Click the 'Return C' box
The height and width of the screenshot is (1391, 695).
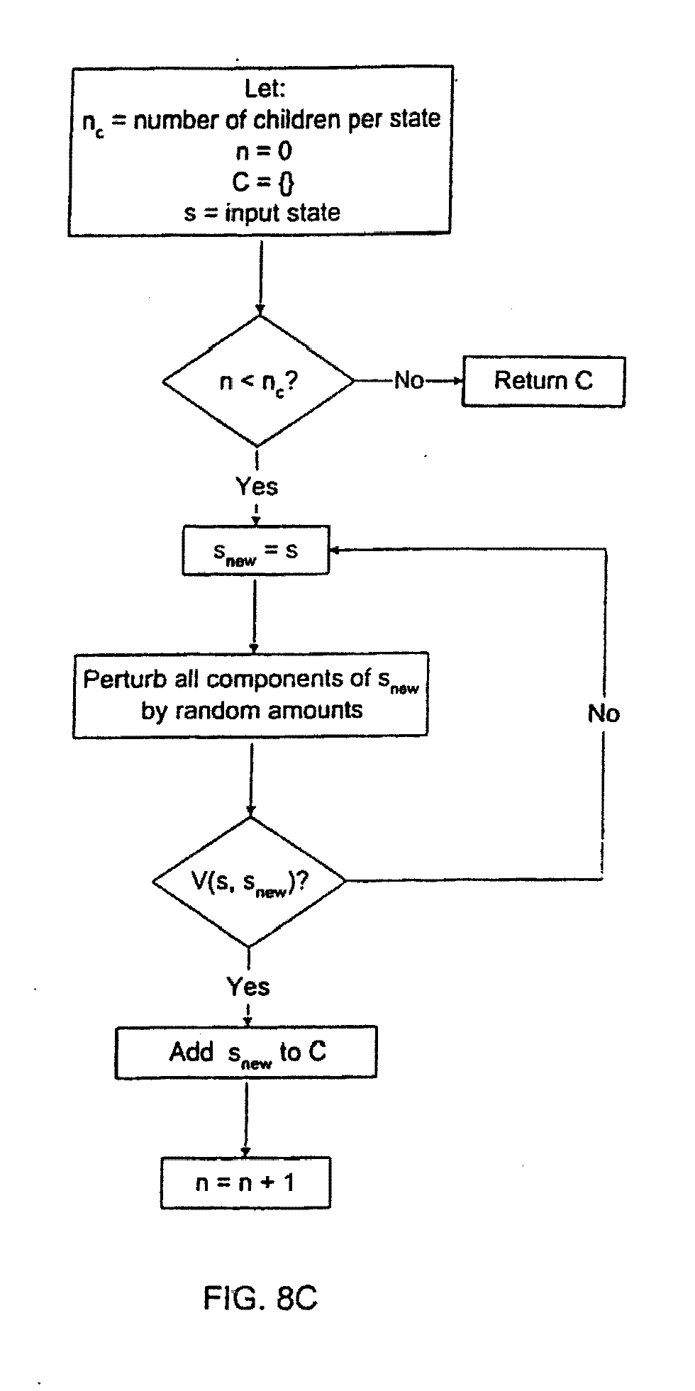tap(543, 381)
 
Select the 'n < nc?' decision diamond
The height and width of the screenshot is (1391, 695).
tap(258, 381)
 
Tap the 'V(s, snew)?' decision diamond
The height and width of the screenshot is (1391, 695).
tap(249, 882)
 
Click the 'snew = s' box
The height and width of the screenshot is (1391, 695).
tap(256, 550)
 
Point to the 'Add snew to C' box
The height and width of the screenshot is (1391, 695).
tap(245, 1052)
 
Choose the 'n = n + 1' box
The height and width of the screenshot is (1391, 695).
tap(245, 1182)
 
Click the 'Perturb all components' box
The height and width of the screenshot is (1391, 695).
tap(250, 694)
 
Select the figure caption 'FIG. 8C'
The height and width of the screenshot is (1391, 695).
tap(260, 1298)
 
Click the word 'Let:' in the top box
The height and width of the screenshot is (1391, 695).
tap(265, 89)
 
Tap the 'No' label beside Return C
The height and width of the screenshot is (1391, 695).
tap(408, 381)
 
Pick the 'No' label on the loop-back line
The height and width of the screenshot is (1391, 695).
tap(604, 714)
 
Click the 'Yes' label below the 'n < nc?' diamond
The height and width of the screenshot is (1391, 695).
tap(257, 487)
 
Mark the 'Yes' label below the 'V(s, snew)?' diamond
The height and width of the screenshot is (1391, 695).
tap(248, 987)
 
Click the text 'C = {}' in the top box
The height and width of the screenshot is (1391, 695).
tap(262, 182)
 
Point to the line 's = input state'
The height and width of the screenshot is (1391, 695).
tap(262, 213)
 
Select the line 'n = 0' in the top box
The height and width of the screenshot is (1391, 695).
tap(263, 150)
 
